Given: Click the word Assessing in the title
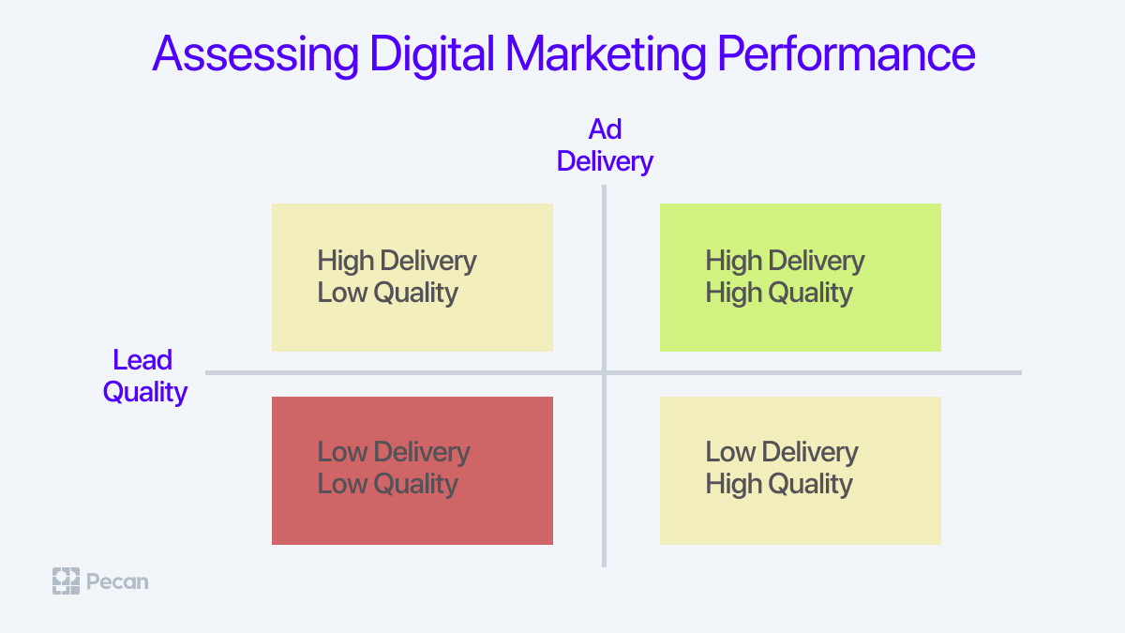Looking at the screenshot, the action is (256, 54).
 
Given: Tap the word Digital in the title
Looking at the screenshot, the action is (432, 54).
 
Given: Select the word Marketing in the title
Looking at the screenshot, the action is (606, 54).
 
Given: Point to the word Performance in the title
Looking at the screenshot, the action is (847, 53).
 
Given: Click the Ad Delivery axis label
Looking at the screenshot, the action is (605, 145).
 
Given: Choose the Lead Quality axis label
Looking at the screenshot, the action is (144, 376).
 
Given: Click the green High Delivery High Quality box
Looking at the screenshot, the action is (800, 278).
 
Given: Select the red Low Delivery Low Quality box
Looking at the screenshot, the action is (412, 471).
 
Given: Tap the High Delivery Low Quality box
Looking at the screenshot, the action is (412, 278).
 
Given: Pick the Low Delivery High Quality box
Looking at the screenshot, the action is (800, 471).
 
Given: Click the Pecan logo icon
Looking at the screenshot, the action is (66, 581).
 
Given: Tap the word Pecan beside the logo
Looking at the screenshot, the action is (117, 581).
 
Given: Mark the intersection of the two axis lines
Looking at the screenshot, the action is (604, 373).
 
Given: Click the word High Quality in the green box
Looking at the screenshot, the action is (779, 294).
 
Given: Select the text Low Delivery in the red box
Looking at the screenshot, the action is (394, 452).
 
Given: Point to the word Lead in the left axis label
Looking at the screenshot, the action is (142, 360).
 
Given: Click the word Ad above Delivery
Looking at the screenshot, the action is (605, 129).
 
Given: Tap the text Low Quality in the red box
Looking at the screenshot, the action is (388, 485).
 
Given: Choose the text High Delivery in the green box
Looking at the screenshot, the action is (785, 261).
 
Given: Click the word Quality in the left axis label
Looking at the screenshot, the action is (144, 392).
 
